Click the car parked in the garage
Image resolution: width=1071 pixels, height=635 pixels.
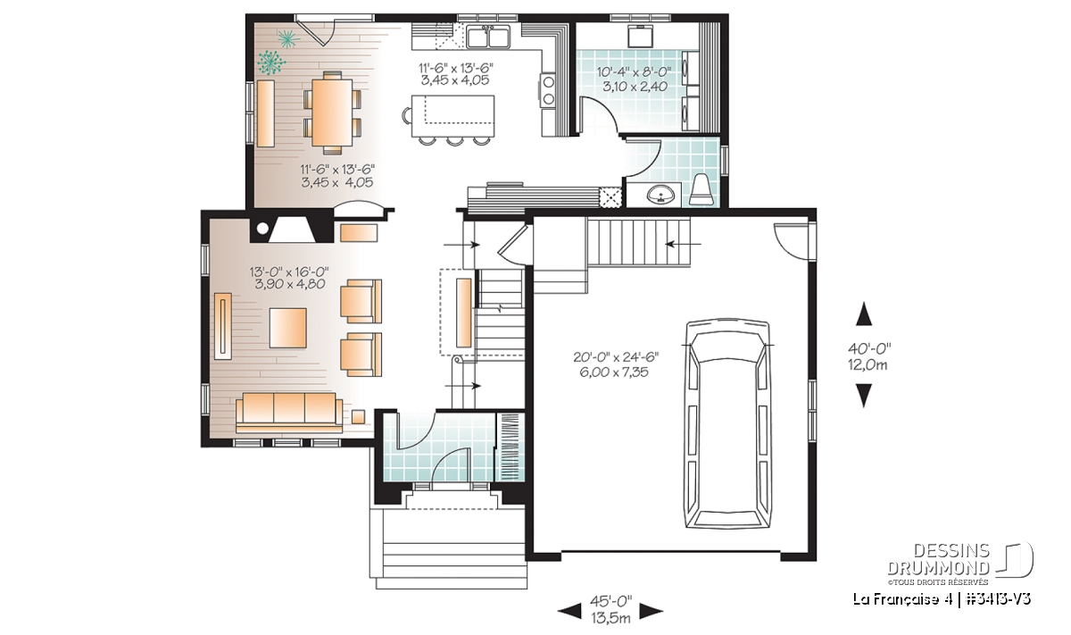pos(727,424)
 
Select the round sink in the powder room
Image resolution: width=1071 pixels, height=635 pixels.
pos(661,195)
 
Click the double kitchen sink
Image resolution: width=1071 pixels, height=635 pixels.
pos(489,37)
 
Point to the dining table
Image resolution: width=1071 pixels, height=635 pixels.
pos(332,112)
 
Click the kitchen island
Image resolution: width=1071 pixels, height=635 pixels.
pos(452,116)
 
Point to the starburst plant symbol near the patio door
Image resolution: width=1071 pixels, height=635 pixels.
pos(287,38)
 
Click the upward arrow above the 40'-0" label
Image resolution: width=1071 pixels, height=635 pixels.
pos(864,314)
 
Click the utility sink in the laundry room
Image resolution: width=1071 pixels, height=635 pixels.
pos(641,35)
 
